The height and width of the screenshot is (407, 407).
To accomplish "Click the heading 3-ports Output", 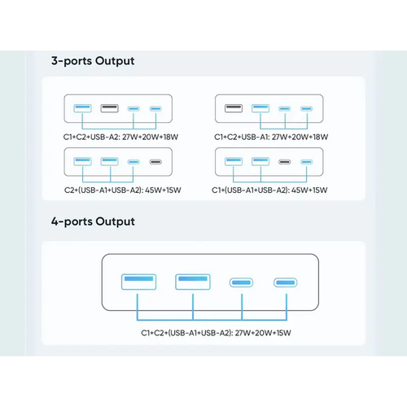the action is tap(93, 61).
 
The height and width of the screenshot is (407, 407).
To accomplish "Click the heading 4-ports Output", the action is tap(93, 221).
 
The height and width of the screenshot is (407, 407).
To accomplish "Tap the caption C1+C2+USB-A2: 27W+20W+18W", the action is tap(120, 137).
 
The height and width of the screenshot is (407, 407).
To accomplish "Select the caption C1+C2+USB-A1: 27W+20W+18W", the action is tap(271, 137).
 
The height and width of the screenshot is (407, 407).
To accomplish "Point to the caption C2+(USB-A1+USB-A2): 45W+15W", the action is tap(123, 190).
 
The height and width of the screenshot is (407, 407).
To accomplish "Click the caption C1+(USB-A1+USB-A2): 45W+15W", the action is tap(269, 190).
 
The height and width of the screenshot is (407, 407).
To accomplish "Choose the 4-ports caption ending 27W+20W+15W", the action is tap(216, 333).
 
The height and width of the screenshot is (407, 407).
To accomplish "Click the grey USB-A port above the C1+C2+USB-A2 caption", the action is tap(110, 108).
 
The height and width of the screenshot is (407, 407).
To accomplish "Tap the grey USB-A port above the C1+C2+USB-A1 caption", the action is tap(234, 108).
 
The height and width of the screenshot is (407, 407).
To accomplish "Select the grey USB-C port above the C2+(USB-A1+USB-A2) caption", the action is tap(155, 162).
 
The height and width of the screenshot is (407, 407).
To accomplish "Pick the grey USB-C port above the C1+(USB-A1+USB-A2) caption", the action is tap(285, 162).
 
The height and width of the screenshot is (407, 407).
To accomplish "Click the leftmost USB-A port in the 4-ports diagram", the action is tap(138, 282).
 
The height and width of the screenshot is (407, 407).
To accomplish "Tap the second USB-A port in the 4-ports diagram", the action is tap(193, 282).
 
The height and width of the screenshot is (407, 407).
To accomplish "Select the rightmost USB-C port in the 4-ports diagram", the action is tap(285, 282).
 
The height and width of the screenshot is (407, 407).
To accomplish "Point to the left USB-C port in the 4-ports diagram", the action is tap(241, 282).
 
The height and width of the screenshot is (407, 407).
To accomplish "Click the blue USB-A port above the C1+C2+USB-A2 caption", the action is tap(82, 108).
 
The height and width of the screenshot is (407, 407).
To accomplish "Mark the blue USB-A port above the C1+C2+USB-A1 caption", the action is tap(260, 108).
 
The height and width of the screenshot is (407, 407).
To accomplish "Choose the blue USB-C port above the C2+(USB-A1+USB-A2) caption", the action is tap(133, 162).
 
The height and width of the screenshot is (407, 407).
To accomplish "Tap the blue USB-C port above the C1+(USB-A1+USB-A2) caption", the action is tap(307, 162).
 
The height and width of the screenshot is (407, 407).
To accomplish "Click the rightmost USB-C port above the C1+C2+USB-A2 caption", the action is tap(155, 109).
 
